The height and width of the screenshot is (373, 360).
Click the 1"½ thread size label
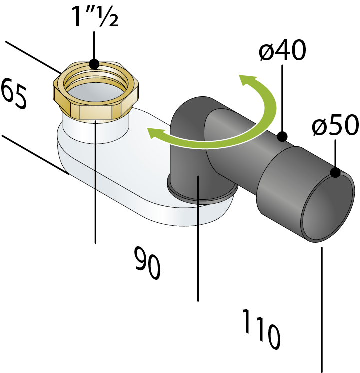96,16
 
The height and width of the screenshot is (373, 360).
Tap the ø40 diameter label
282,50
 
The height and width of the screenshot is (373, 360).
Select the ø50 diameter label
335,125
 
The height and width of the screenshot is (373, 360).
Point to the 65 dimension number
14,94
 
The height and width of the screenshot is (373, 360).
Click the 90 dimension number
147,263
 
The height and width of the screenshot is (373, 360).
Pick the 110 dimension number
261,329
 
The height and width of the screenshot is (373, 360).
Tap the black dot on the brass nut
94,64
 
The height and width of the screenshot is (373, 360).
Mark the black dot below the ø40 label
282,136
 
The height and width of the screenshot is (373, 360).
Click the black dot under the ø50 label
335,172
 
